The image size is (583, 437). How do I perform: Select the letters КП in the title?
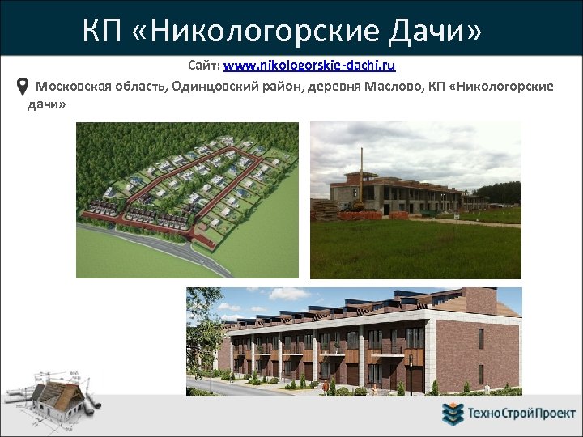coord(102,32)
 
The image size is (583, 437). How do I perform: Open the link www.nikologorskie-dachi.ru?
coord(309,65)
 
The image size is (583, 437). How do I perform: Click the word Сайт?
coord(204,65)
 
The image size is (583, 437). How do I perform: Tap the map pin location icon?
coord(23,87)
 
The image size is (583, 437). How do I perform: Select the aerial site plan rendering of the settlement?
coord(186,199)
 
